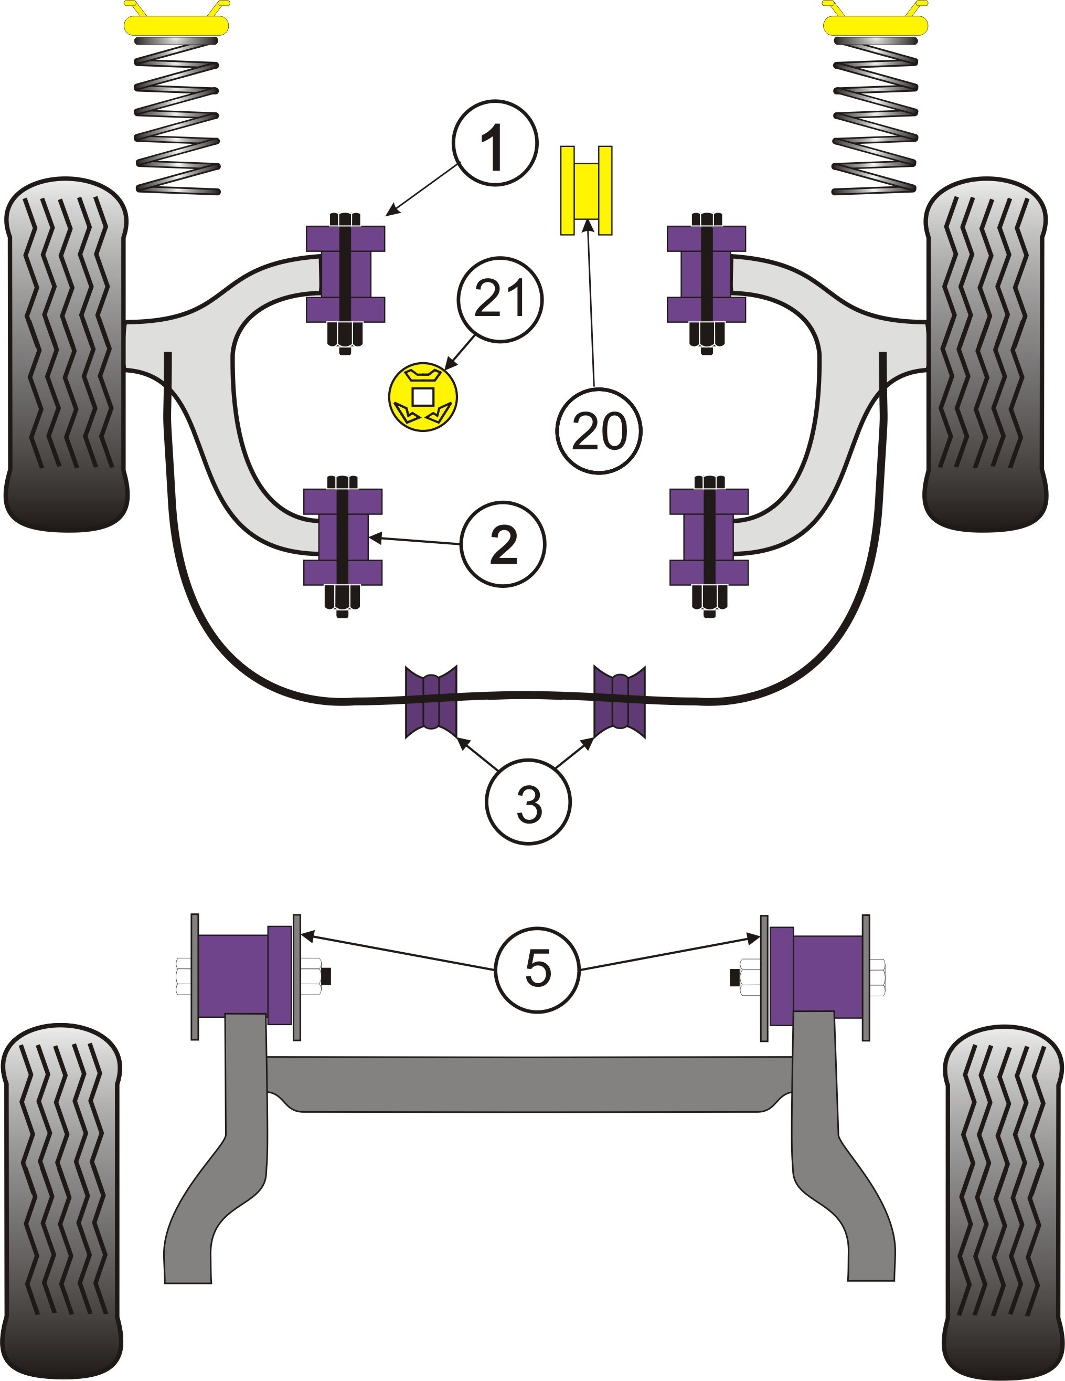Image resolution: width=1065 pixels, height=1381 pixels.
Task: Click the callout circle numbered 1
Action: point(495,142)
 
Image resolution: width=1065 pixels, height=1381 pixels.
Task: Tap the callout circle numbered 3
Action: point(528,803)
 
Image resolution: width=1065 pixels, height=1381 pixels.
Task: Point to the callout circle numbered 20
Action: point(599,430)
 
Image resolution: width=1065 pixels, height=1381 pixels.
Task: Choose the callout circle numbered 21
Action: point(500,299)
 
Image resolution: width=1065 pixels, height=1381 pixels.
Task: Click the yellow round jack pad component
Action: point(422,397)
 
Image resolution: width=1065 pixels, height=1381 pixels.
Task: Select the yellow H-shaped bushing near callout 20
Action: point(586,191)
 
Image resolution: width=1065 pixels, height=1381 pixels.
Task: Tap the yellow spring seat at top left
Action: point(176,19)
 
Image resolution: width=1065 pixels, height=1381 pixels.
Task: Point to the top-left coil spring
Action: point(178,115)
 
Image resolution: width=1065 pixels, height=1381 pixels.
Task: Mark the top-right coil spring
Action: point(875,115)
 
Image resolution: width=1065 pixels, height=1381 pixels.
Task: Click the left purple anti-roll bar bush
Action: point(430,701)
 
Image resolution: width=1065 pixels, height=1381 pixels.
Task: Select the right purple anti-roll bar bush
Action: point(620,701)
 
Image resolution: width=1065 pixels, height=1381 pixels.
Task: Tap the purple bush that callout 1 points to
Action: point(346,274)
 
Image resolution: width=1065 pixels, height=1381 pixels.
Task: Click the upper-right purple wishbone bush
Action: point(707,274)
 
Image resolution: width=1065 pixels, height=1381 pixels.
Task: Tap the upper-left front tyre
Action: point(66,354)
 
